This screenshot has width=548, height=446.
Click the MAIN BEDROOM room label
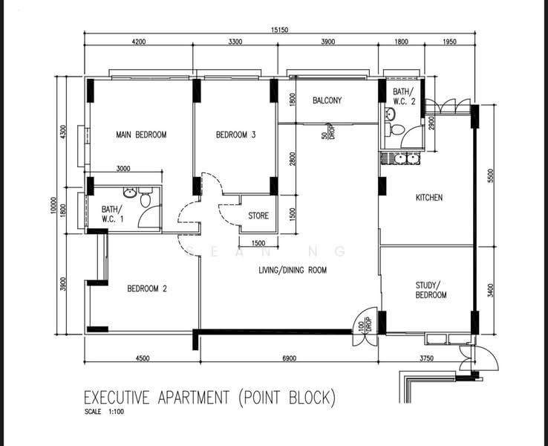tap(141, 135)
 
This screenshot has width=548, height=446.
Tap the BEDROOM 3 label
tap(235, 135)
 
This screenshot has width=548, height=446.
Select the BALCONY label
tap(327, 100)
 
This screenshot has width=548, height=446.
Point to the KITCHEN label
tap(428, 198)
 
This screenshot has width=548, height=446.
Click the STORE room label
tap(258, 216)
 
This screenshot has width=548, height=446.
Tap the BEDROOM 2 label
tap(146, 288)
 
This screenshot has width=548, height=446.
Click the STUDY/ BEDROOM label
tap(431, 290)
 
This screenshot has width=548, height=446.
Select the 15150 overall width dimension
tap(279, 30)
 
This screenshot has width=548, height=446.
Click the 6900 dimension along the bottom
tap(289, 358)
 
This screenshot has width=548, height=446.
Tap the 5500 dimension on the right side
tap(490, 177)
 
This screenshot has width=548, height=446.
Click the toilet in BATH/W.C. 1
tap(146, 199)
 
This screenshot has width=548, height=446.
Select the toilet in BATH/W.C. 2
tap(398, 130)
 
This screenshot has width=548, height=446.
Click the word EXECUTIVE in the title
tap(118, 398)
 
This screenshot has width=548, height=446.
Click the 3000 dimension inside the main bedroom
tap(123, 169)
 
